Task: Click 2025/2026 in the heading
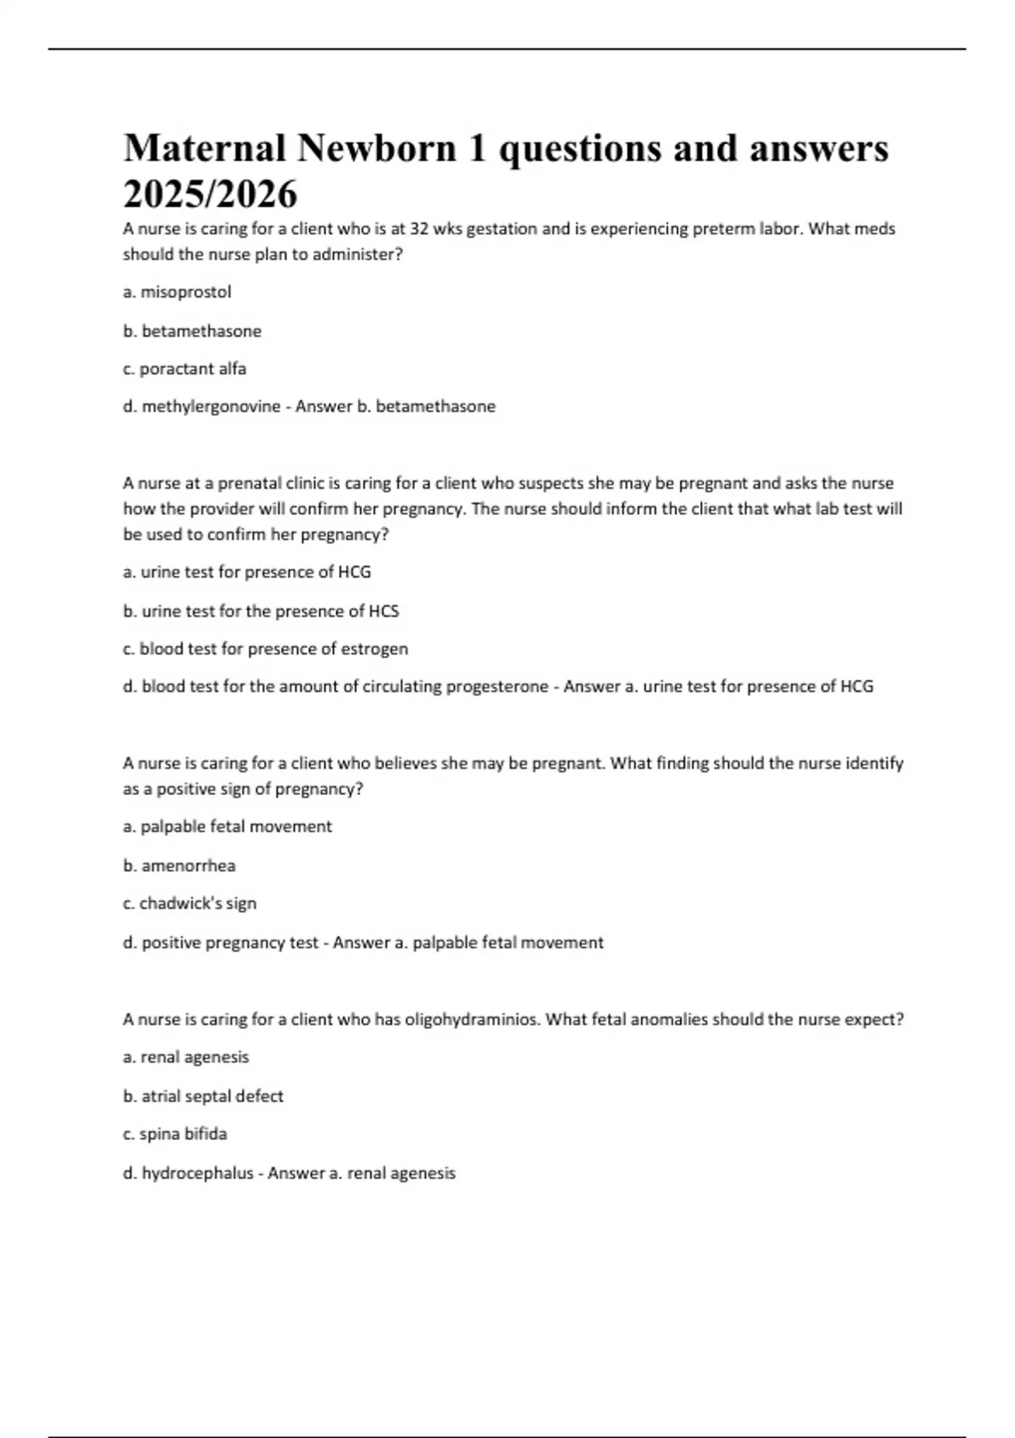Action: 210,195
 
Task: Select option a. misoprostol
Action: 177,292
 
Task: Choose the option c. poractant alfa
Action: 184,369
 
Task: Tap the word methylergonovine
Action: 211,407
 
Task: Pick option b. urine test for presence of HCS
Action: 261,611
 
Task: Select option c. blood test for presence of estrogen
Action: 265,649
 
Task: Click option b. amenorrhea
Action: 179,865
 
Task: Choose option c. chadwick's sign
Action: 189,903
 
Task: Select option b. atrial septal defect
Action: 203,1096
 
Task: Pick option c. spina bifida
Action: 175,1133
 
